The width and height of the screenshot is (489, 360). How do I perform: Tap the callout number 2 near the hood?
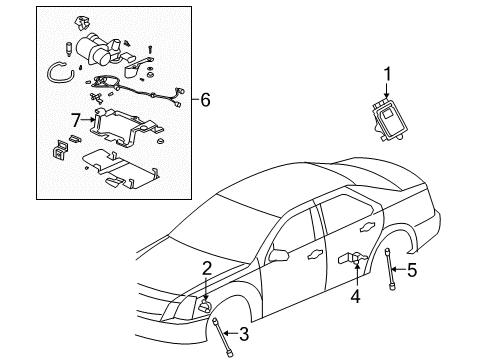[x=205, y=267]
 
